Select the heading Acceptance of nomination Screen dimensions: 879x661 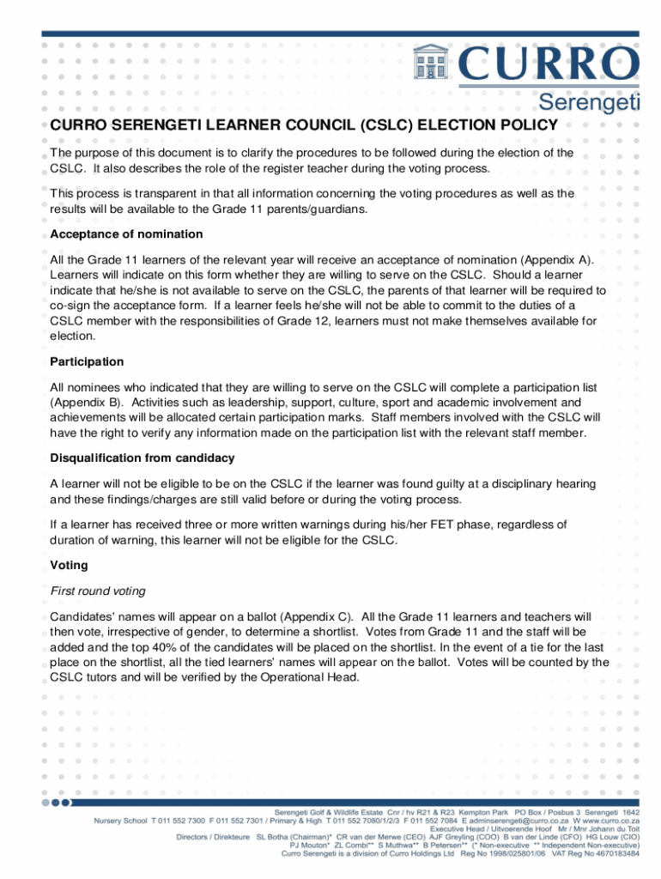tap(126, 234)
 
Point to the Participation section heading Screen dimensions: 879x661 tap(87, 361)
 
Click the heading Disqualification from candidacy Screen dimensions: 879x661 tap(142, 458)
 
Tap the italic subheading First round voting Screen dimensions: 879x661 tap(97, 591)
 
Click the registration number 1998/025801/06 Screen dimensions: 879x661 tap(504, 854)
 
